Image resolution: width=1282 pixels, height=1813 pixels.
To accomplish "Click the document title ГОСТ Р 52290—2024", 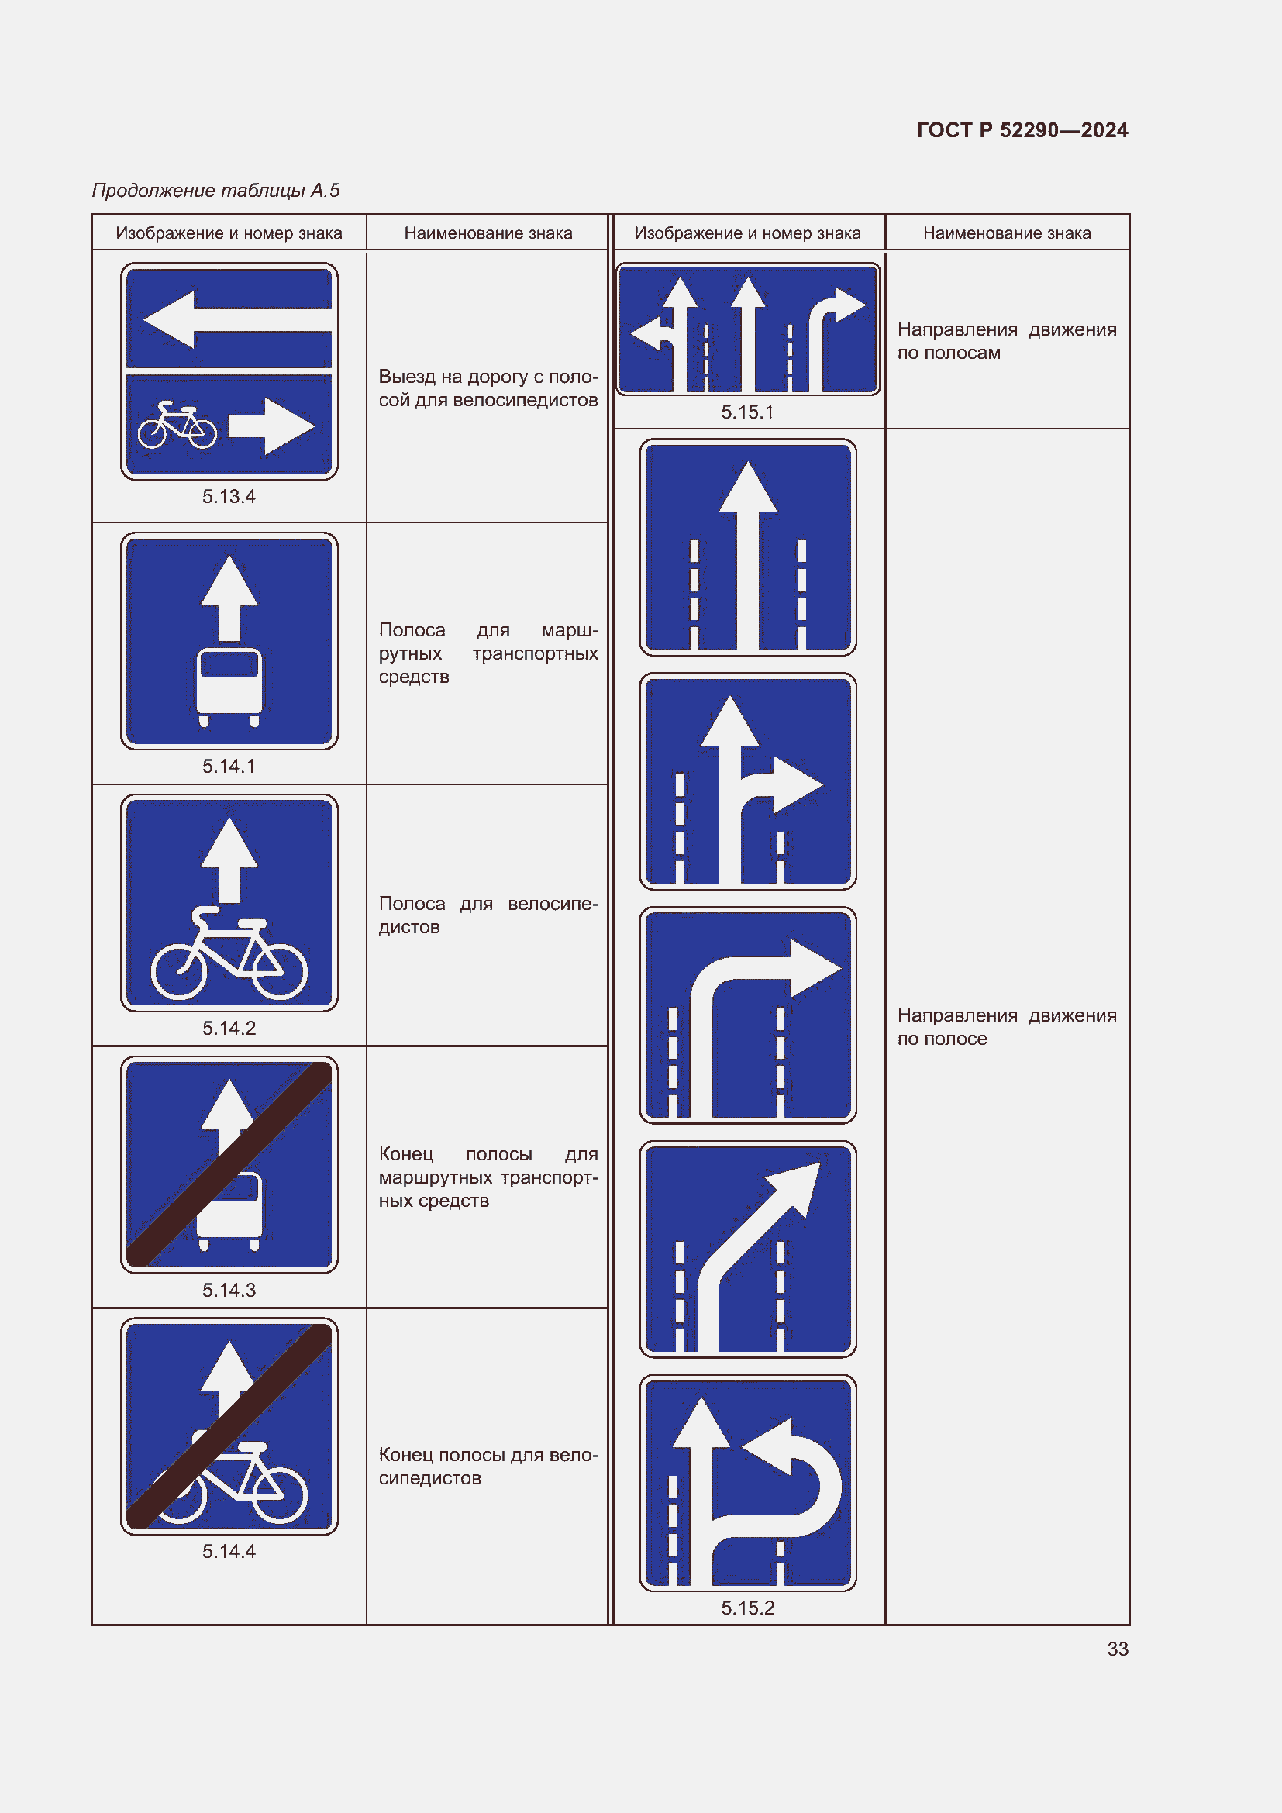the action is coord(1022,130).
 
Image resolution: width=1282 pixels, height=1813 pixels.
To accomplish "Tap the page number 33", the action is coord(1118,1649).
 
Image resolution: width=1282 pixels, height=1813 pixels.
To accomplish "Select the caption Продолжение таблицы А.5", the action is coord(215,191).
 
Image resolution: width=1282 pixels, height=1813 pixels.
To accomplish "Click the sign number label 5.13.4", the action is coord(229,497).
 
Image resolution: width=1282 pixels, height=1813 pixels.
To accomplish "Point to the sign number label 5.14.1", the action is coord(229,766).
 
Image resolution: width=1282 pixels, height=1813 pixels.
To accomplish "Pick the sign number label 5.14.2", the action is coord(229,1028).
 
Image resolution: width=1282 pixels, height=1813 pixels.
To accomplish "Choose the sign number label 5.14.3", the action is coord(229,1290).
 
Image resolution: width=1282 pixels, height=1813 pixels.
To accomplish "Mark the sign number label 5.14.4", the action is coord(229,1551).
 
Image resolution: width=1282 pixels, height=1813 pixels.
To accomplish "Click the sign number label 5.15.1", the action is coord(747,412).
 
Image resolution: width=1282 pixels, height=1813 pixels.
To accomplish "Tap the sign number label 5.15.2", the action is coord(747,1608).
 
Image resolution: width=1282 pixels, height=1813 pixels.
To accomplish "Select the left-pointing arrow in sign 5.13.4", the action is coord(237,320).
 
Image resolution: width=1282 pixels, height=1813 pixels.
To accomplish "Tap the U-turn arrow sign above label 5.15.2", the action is coord(747,1483).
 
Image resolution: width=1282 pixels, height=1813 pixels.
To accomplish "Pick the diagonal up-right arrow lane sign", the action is coord(747,1249).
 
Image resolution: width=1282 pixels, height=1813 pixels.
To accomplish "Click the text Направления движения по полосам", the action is coord(1007,341).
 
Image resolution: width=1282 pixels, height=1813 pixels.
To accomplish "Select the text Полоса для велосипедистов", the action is coord(488,915).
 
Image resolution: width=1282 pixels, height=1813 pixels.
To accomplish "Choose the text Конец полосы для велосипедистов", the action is coord(488,1467).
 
